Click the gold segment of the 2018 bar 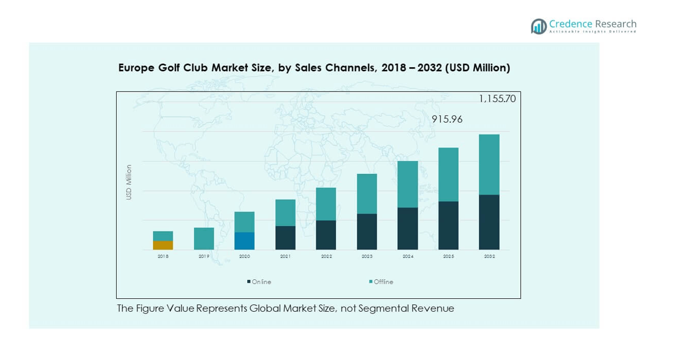pos(163,245)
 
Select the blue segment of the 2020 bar pos(244,241)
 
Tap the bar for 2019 pos(204,238)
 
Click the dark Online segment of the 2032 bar pos(489,222)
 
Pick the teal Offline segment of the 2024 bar pos(408,184)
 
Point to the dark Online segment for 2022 pos(326,235)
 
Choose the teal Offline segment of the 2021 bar pos(285,213)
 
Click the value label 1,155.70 pos(497,99)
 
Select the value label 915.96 pos(447,119)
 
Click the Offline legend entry pos(384,282)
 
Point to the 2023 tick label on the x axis pos(367,256)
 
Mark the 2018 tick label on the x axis pos(163,256)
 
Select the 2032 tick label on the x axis pos(489,256)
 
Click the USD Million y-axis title pos(129,182)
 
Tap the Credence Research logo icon pos(539,26)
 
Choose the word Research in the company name pos(616,24)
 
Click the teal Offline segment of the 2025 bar pos(449,174)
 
